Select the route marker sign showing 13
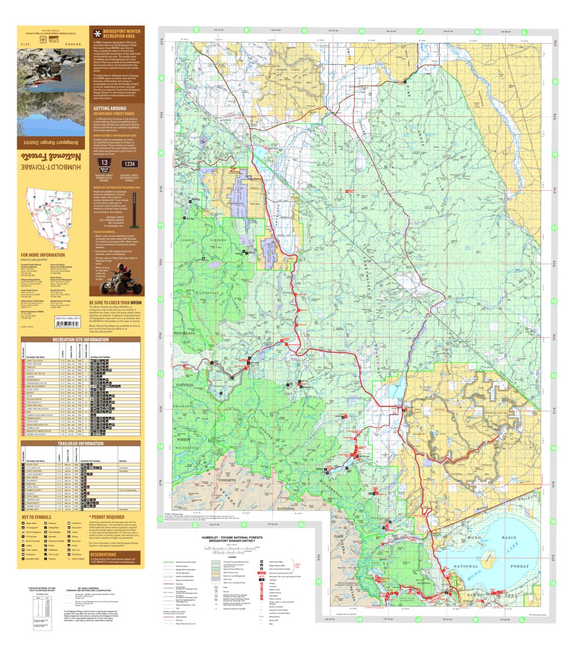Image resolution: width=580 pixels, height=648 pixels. (104, 164)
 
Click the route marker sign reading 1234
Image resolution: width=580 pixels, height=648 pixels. (129, 164)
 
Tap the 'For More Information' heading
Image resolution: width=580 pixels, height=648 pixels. (43, 255)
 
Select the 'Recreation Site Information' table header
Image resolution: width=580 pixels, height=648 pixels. (73, 340)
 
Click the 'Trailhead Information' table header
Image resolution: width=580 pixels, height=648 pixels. (73, 444)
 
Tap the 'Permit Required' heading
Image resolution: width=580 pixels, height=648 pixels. (108, 518)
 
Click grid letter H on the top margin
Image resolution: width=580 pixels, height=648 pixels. (362, 31)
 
